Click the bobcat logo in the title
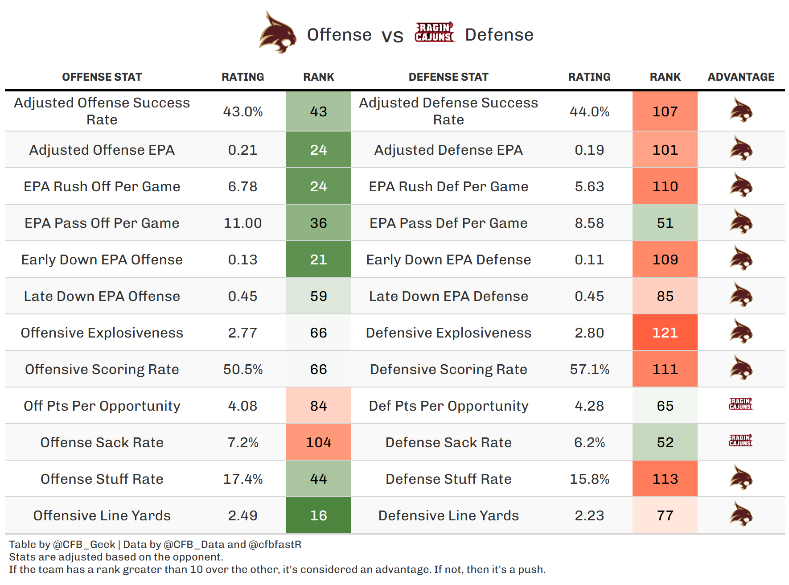[278, 33]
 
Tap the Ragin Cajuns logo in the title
[434, 33]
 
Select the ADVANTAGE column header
[741, 77]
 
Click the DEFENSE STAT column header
[448, 77]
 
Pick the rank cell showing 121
[665, 333]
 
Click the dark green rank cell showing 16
[318, 515]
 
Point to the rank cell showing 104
[318, 442]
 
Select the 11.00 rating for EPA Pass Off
[242, 223]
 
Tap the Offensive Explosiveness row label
[102, 333]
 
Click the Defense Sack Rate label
[448, 442]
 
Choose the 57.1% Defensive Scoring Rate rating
[589, 369]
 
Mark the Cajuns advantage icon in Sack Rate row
[740, 441]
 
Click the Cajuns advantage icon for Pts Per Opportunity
[740, 404]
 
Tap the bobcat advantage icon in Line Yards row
[741, 514]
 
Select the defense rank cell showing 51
[665, 223]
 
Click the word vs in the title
[392, 36]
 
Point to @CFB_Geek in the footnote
[84, 544]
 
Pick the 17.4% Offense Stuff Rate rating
[242, 479]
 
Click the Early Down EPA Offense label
[102, 260]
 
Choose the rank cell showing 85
[665, 296]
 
